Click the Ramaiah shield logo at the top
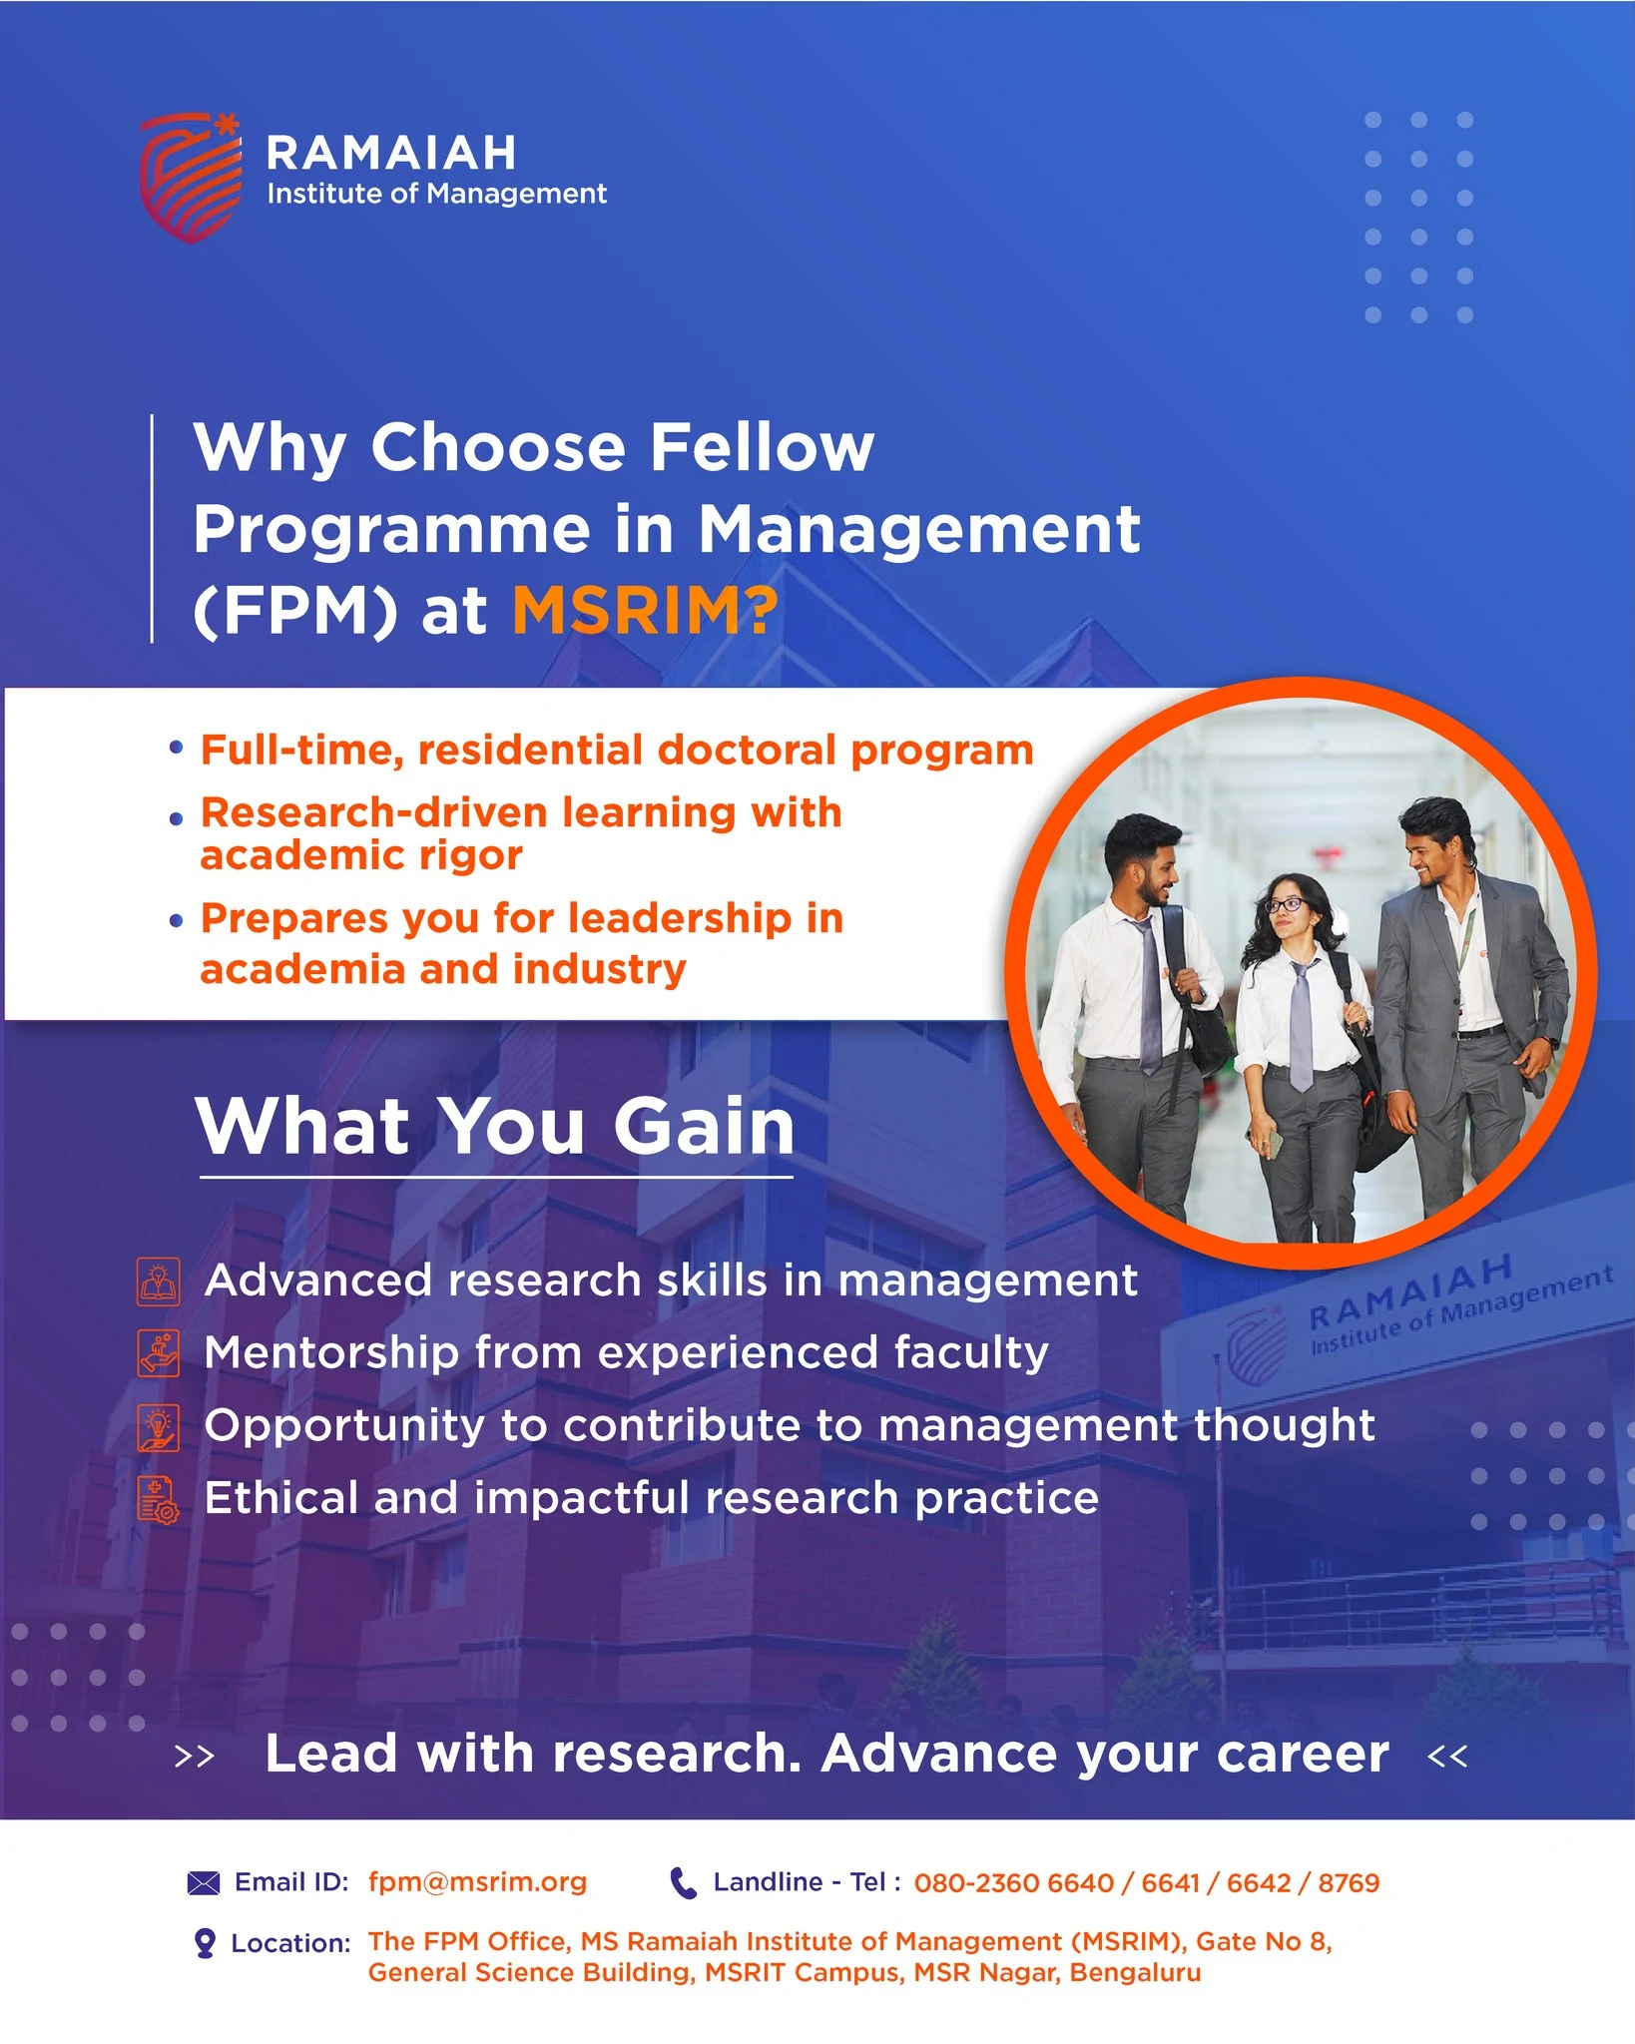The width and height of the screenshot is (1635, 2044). pos(191,178)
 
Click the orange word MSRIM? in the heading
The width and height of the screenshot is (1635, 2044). pos(645,610)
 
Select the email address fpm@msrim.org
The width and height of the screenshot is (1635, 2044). pos(477,1882)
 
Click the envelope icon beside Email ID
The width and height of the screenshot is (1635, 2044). pos(204,1883)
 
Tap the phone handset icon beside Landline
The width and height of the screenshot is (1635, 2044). pos(683,1883)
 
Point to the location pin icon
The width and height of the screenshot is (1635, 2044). pos(205,1943)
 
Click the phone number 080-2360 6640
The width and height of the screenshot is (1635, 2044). pos(1013,1883)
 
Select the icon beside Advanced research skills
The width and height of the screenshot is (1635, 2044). pos(159,1281)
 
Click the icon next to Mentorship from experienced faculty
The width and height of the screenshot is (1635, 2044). pos(159,1353)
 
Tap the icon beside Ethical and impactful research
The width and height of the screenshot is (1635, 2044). pos(159,1500)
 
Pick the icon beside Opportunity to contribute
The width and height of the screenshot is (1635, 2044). pos(159,1427)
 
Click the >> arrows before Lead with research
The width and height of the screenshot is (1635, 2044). pos(195,1757)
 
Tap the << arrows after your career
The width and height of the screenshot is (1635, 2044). pos(1447,1757)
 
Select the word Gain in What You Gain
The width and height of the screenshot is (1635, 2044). pos(704,1126)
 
